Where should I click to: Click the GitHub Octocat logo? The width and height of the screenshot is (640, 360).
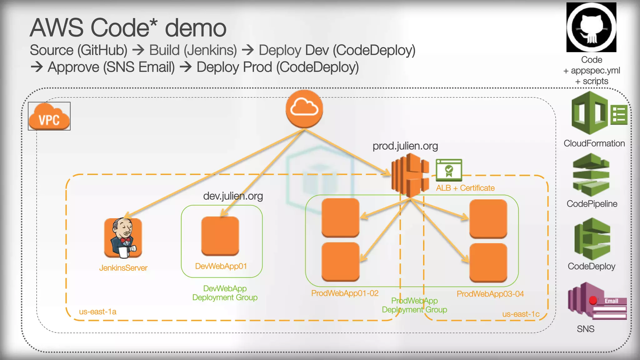tap(591, 27)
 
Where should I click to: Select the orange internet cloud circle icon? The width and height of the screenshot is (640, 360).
tap(304, 109)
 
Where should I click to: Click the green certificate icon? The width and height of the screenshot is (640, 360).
tap(449, 170)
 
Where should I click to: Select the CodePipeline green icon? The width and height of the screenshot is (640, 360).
tap(591, 175)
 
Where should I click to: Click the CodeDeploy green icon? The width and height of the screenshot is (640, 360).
tap(592, 239)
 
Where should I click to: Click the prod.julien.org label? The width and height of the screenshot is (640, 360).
tap(405, 146)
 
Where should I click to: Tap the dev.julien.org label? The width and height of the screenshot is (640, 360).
tap(233, 196)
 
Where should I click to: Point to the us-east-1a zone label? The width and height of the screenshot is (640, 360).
tap(97, 312)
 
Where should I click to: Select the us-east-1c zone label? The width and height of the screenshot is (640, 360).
tap(521, 314)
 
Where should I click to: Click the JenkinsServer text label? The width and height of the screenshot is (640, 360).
tap(123, 268)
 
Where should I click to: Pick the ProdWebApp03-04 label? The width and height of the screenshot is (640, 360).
tap(490, 294)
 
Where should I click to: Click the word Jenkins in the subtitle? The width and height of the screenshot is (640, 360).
tap(210, 50)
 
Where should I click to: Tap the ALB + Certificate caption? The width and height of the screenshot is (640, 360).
tap(465, 188)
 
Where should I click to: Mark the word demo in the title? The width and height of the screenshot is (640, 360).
tap(195, 28)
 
